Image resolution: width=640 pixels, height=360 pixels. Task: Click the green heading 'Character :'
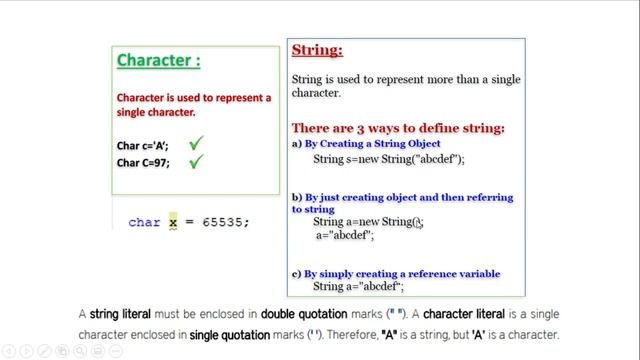(x=158, y=60)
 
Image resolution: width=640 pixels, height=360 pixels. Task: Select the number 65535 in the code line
(x=221, y=222)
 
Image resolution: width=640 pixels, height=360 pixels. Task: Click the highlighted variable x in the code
(x=172, y=222)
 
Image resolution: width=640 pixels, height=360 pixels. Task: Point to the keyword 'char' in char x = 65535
(x=144, y=222)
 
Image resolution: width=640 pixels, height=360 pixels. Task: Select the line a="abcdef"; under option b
(x=344, y=236)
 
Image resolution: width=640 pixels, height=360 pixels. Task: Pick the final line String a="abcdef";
(x=357, y=287)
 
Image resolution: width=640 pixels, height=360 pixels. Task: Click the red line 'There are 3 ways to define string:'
(x=398, y=128)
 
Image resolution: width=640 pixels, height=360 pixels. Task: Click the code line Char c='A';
(x=143, y=145)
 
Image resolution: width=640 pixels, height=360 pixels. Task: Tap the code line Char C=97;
(x=143, y=162)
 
